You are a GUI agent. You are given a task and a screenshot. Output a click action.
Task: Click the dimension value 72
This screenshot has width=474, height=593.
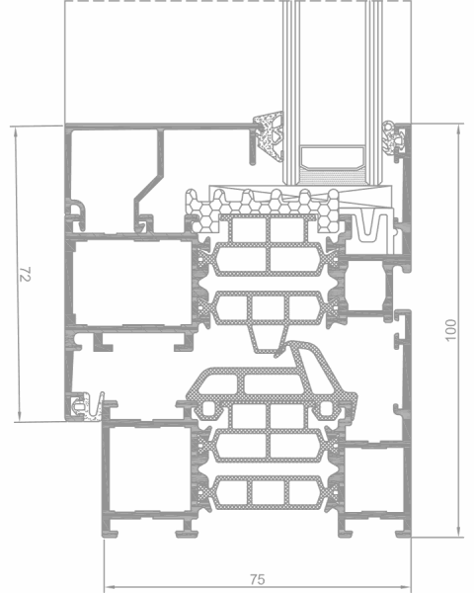coord(25,274)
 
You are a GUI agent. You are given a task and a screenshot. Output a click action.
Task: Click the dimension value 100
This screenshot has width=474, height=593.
coord(451,330)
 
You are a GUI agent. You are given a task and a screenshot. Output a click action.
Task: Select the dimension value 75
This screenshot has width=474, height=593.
coord(258,579)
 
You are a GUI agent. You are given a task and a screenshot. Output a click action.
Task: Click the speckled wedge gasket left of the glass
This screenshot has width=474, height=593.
coord(269,136)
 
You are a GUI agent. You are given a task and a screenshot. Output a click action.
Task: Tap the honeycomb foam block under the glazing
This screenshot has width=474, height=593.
coord(265,210)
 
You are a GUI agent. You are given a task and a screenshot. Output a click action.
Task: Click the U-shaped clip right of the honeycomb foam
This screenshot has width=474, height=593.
coord(368,228)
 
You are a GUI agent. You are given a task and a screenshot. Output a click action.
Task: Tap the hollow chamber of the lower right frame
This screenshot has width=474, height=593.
coord(374,479)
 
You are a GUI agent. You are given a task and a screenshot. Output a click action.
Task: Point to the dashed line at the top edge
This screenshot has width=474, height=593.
coord(238,1)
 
